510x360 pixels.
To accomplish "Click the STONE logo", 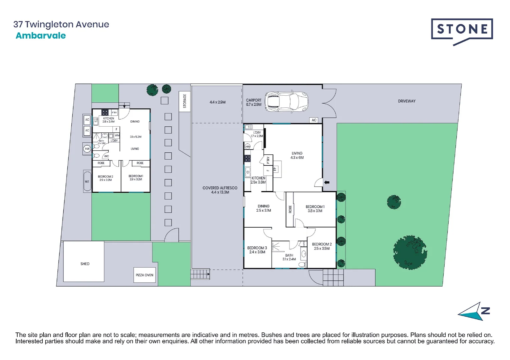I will click(x=462, y=30).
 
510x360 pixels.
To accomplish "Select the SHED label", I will click(x=85, y=264).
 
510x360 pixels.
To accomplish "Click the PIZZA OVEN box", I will click(x=144, y=275).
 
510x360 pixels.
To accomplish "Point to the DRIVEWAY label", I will click(x=407, y=101).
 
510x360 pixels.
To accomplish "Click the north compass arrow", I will click(x=474, y=312).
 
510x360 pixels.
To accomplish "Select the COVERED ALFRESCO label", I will click(x=220, y=190).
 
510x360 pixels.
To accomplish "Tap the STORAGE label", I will click(x=184, y=101).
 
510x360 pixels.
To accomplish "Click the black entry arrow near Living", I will click(x=327, y=182).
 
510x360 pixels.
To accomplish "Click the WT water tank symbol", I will click(x=87, y=182).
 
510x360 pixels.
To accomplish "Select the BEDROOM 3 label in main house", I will click(x=257, y=250).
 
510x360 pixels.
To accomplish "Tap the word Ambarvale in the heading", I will click(x=41, y=36).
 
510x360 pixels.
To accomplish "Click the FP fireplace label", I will click(x=275, y=169).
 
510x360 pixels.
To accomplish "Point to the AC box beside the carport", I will click(x=314, y=120).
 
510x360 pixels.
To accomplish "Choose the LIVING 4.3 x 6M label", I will click(x=297, y=155).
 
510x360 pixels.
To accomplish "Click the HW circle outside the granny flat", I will click(x=87, y=149).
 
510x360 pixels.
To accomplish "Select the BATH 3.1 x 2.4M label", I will click(x=289, y=257).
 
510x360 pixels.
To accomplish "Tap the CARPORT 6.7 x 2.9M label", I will click(x=253, y=102).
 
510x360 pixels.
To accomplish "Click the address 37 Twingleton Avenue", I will click(x=61, y=24).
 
